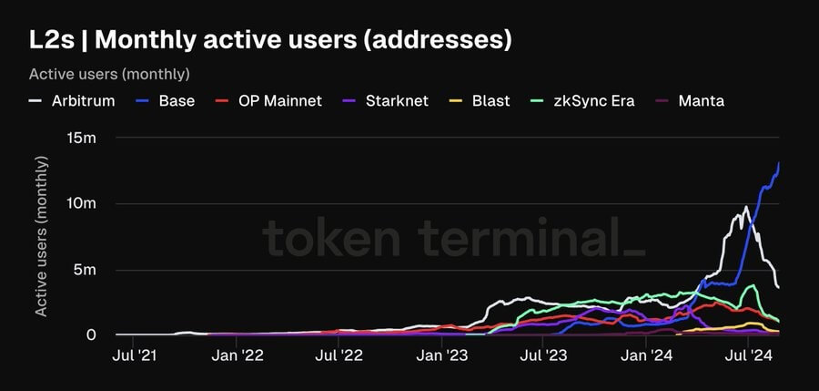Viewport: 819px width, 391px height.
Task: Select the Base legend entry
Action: coord(167,100)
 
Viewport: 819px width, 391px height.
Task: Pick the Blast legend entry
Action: coord(481,100)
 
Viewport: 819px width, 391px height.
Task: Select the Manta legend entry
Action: coord(691,100)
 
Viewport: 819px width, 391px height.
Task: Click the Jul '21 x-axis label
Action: coord(135,357)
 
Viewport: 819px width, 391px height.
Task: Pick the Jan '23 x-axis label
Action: coord(442,357)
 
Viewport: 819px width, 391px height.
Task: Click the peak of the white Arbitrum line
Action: coord(746,207)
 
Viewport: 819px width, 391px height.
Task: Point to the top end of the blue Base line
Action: coord(779,163)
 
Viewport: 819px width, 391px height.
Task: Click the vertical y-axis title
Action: coord(42,236)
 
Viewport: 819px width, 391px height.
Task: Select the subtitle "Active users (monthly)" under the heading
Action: coord(109,73)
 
